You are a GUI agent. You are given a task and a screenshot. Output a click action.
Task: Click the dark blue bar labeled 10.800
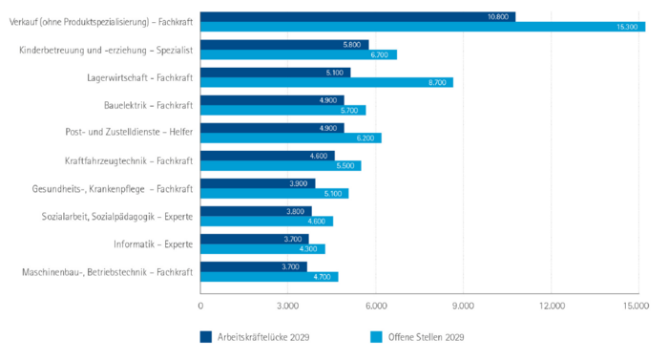(x=358, y=17)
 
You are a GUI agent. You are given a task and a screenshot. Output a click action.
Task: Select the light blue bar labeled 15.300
(x=423, y=28)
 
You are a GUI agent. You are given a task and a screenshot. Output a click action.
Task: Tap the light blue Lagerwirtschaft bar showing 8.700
(x=326, y=83)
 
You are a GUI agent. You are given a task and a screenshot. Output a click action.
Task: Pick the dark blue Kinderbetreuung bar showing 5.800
(x=284, y=45)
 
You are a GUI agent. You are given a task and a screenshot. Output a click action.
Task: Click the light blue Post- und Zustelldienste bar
(x=290, y=138)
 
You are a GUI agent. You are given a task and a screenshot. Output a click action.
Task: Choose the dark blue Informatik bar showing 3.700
(x=254, y=239)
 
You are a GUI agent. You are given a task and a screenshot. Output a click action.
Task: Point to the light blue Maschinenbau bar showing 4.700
(x=269, y=277)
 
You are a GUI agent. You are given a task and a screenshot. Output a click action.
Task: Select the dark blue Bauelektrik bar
(x=272, y=100)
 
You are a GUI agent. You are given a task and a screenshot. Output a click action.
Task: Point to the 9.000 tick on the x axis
(x=463, y=306)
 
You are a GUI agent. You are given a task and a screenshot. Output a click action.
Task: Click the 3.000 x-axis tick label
(x=288, y=306)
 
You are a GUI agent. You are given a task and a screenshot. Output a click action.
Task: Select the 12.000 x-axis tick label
(x=552, y=306)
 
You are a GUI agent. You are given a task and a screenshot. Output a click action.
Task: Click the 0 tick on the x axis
(x=200, y=306)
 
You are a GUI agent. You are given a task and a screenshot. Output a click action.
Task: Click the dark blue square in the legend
(x=206, y=336)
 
